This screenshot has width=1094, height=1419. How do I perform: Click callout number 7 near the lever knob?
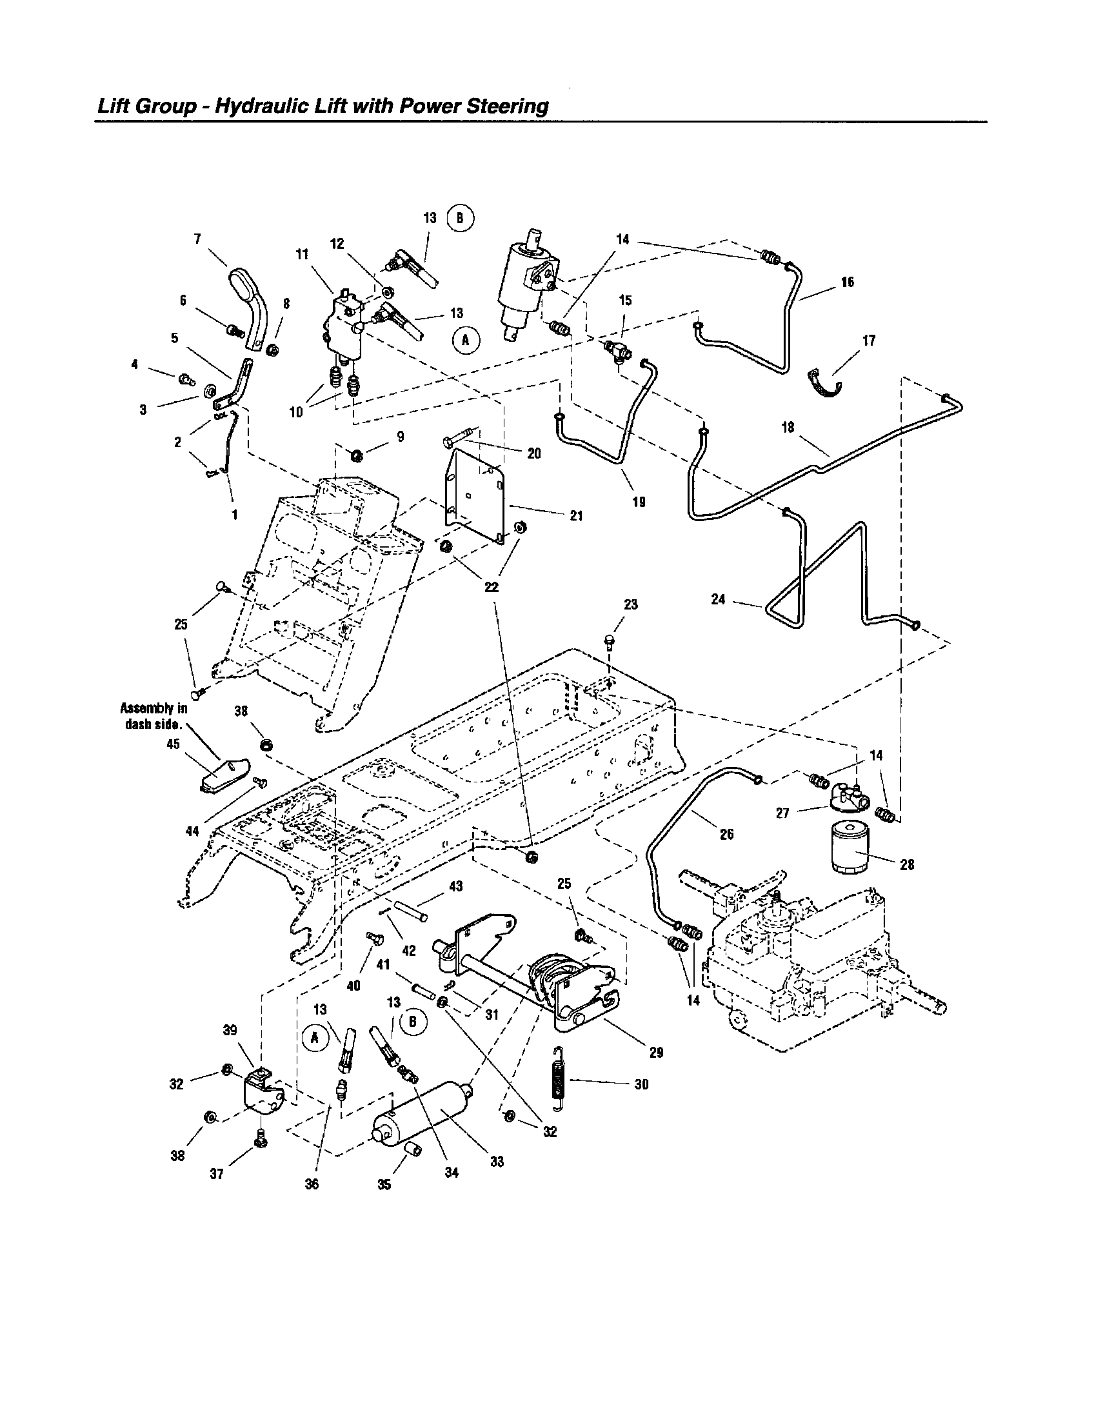pos(197,239)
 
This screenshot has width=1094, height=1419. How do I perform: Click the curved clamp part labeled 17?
pos(825,384)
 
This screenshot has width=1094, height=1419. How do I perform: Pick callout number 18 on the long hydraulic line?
pos(788,428)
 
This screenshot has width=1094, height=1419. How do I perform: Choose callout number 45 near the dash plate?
pos(173,744)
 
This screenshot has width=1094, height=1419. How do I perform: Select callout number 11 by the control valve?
pos(302,255)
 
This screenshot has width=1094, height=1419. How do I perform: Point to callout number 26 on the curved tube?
pos(726,834)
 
